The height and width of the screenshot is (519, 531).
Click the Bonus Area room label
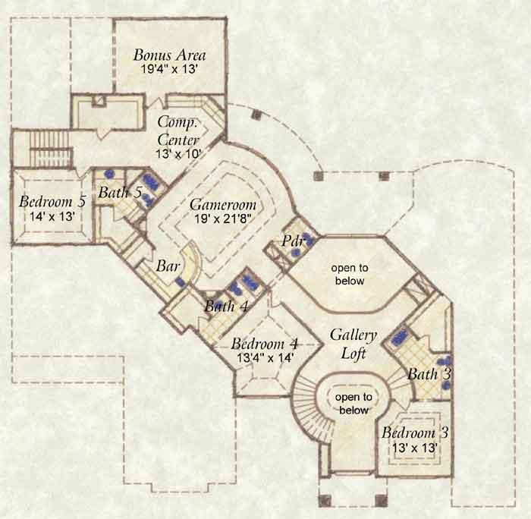pyautogui.click(x=169, y=55)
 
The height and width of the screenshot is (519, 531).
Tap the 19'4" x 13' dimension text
pyautogui.click(x=169, y=70)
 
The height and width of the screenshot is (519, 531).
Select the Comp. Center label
pyautogui.click(x=178, y=131)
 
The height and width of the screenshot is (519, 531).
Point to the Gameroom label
pyautogui.click(x=223, y=205)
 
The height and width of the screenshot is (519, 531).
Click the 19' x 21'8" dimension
pyautogui.click(x=223, y=219)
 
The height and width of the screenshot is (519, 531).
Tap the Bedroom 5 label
pyautogui.click(x=52, y=202)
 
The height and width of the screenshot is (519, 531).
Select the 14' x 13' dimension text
pyautogui.click(x=52, y=216)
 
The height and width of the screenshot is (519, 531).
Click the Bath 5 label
pyautogui.click(x=120, y=193)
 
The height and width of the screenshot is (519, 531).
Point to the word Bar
pyautogui.click(x=168, y=266)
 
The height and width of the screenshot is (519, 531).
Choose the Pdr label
pyautogui.click(x=293, y=241)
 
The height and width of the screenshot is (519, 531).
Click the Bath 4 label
pyautogui.click(x=226, y=307)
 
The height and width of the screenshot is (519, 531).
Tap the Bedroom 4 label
pyautogui.click(x=265, y=344)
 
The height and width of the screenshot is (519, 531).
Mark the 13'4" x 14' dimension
pyautogui.click(x=265, y=358)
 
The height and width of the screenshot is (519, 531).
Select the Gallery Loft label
pyautogui.click(x=353, y=344)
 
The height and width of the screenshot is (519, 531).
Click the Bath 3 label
pyautogui.click(x=429, y=374)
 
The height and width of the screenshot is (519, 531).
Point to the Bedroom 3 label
pyautogui.click(x=415, y=433)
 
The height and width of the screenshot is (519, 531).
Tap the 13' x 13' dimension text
pyautogui.click(x=415, y=448)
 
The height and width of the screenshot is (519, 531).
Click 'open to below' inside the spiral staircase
pyautogui.click(x=353, y=404)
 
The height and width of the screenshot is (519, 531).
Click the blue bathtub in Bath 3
pyautogui.click(x=401, y=337)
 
